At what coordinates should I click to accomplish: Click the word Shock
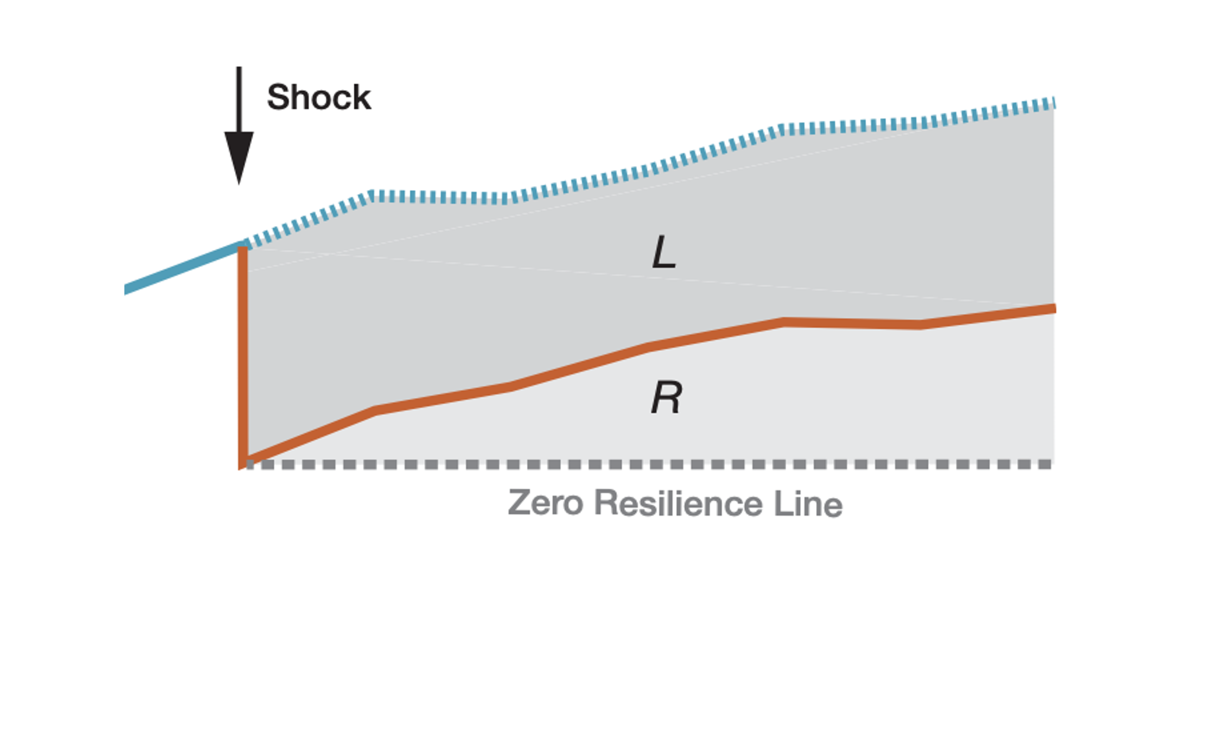pos(319,98)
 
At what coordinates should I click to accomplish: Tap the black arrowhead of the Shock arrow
pos(239,155)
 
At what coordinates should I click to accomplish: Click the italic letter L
pos(664,252)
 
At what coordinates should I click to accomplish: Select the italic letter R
pos(666,398)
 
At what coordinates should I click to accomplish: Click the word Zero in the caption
pos(545,503)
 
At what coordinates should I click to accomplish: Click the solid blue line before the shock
pos(183,268)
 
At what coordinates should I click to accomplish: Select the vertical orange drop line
pos(243,355)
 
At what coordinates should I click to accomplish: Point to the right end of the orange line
pos(1053,309)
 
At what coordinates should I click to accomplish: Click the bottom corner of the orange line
pos(243,463)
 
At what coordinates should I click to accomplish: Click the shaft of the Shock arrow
pos(239,100)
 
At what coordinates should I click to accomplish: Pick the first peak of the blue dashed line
pos(371,195)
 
